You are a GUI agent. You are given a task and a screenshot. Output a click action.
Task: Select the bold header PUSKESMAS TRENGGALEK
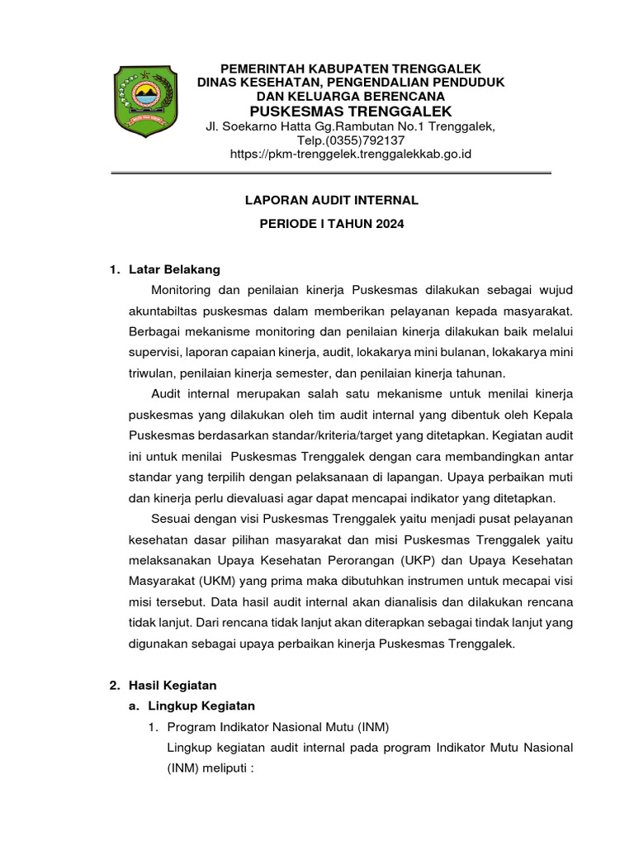pos(338,111)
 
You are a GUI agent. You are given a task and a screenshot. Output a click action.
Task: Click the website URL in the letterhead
pos(338,154)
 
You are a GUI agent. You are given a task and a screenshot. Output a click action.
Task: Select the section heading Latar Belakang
pos(175,269)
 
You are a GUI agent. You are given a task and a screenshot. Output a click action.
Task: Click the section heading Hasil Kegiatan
pos(173,685)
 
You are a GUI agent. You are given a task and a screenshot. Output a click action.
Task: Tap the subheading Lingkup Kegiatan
pos(201,706)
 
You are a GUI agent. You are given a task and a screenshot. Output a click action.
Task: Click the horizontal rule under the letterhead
pos(330,173)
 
